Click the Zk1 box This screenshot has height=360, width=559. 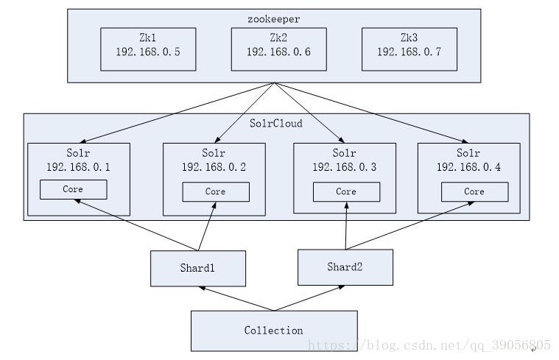click(x=148, y=49)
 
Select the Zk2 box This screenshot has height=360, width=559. click(x=278, y=49)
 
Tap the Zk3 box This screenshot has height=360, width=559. click(x=409, y=49)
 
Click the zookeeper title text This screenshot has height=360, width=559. click(x=275, y=18)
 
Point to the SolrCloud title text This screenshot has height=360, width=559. click(x=276, y=124)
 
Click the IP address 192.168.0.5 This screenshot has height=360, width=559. click(x=148, y=52)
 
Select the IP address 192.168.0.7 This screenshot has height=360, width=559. click(x=409, y=52)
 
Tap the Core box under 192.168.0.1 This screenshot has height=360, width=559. click(x=73, y=189)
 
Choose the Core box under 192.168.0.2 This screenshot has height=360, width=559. click(x=215, y=191)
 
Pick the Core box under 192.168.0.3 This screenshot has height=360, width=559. click(x=346, y=191)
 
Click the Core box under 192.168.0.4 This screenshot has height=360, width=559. click(x=474, y=191)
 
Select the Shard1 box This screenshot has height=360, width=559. click(x=198, y=268)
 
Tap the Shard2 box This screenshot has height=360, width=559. click(x=345, y=267)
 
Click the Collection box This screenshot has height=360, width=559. click(x=274, y=331)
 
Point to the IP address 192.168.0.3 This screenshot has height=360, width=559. click(x=345, y=167)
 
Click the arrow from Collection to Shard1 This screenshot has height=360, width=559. click(x=236, y=298)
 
